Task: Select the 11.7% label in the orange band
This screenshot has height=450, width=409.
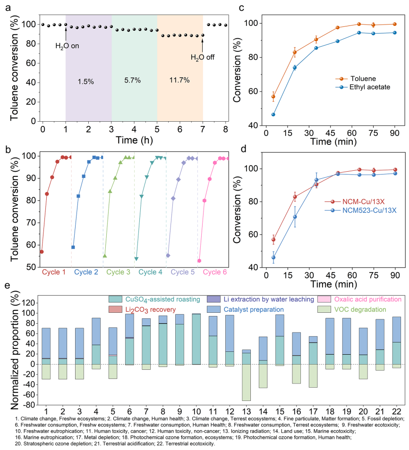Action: click(180, 81)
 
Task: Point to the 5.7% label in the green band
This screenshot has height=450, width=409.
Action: click(134, 81)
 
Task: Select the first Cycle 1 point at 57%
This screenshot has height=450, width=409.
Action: click(42, 251)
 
